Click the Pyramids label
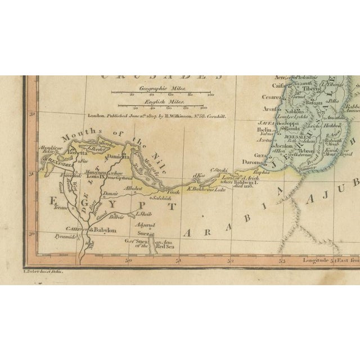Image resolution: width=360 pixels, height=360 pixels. (65, 237)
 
